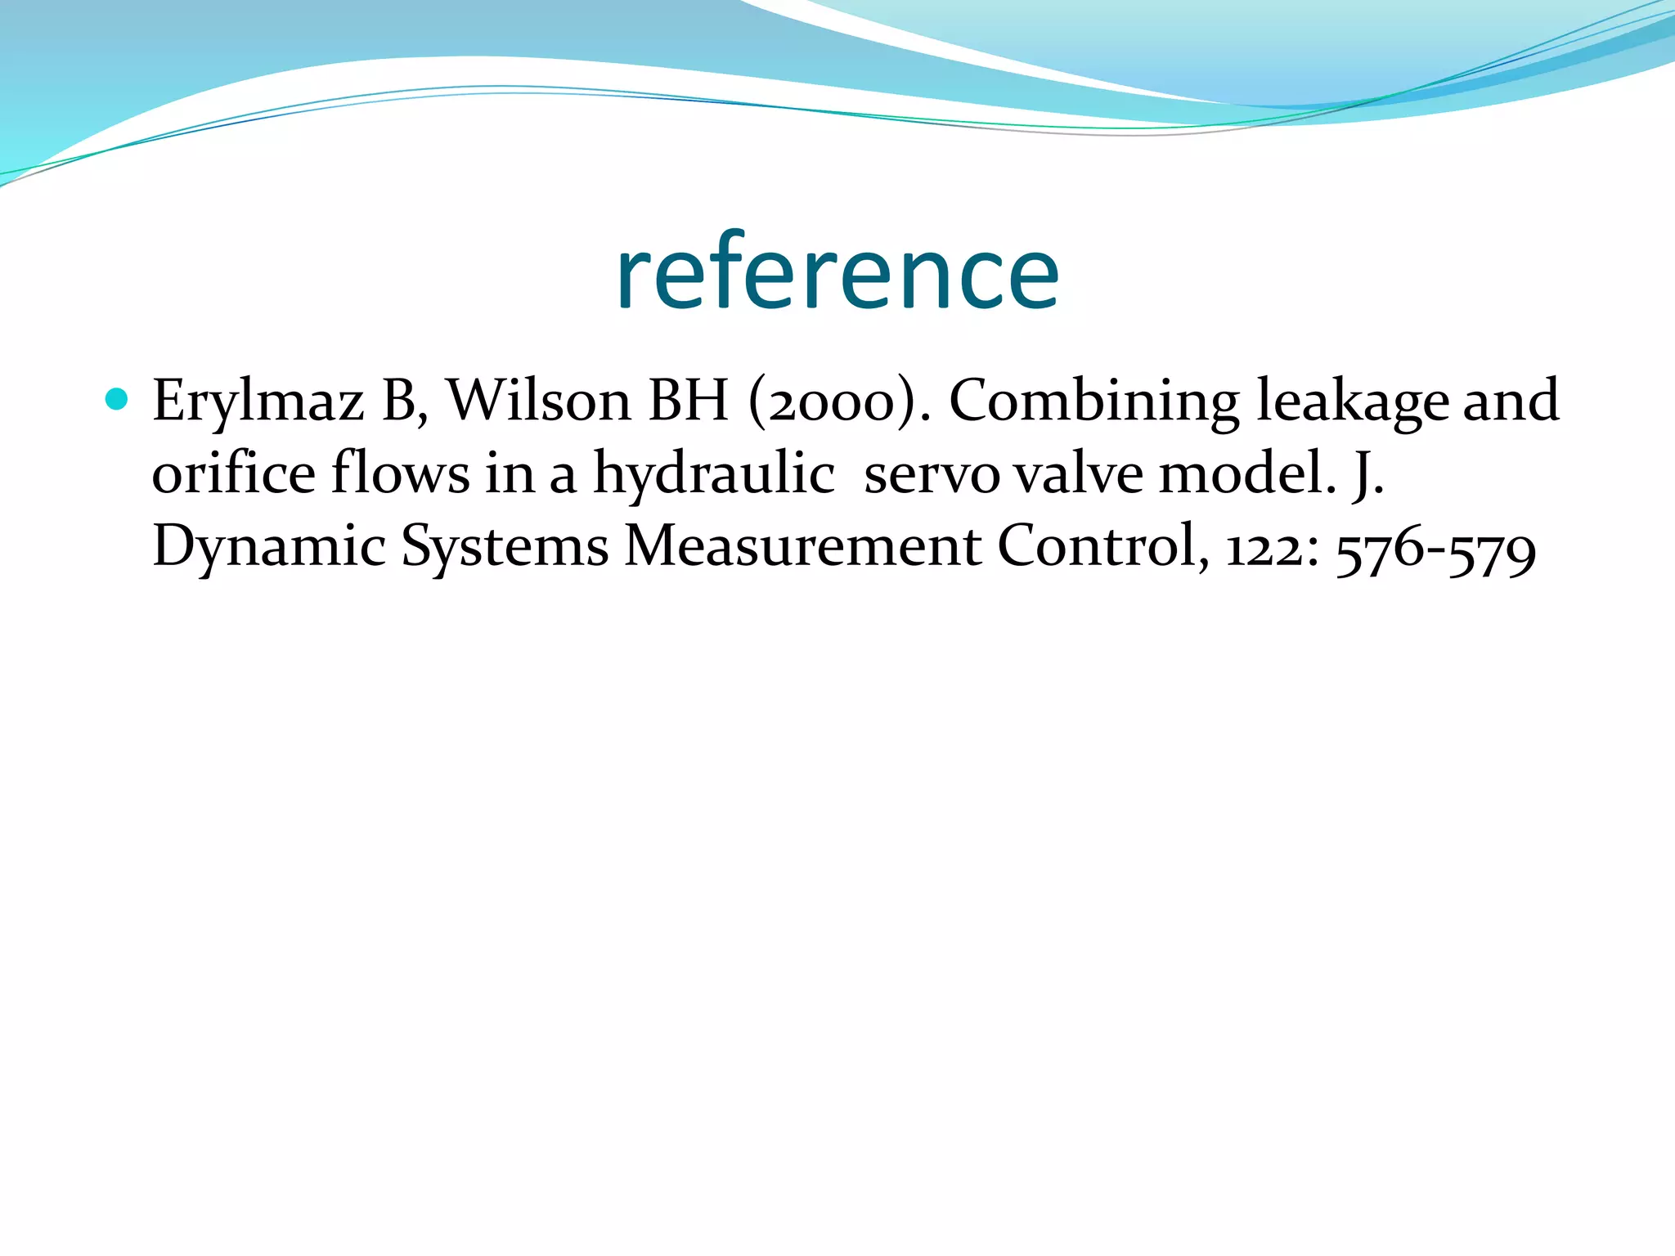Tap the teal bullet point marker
coord(117,399)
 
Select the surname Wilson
coord(539,401)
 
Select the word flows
coord(401,474)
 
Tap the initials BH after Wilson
coord(688,401)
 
